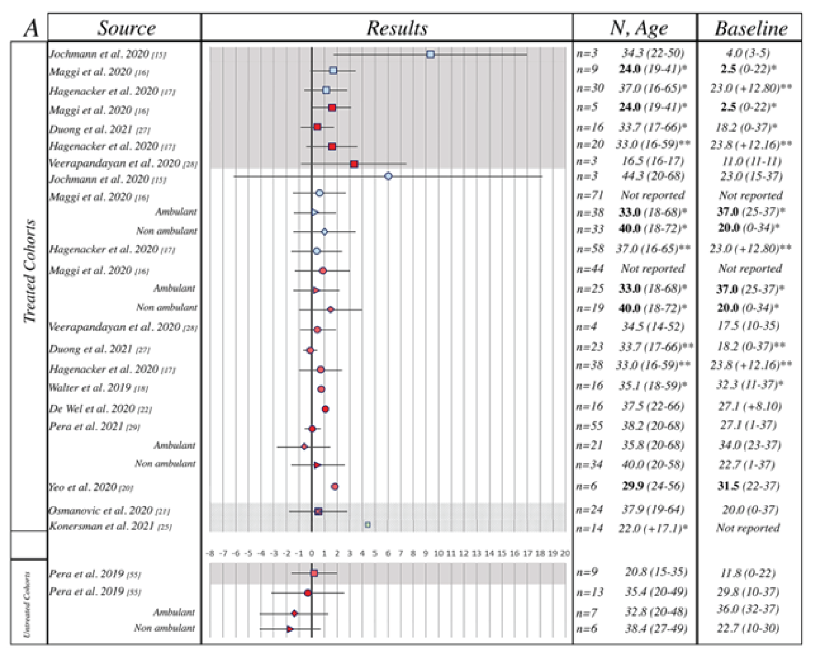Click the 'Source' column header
click(x=126, y=28)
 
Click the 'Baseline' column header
click(x=750, y=28)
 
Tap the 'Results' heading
click(x=396, y=28)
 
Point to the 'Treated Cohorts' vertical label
click(x=29, y=272)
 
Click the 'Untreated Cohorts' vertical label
click(x=28, y=604)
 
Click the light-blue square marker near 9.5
click(x=430, y=54)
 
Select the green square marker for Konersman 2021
click(x=368, y=524)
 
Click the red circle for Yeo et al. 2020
click(x=335, y=486)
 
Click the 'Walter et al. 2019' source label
click(x=98, y=388)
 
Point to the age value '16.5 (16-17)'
click(x=653, y=161)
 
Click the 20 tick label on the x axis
click(x=565, y=553)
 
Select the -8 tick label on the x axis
click(x=210, y=553)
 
